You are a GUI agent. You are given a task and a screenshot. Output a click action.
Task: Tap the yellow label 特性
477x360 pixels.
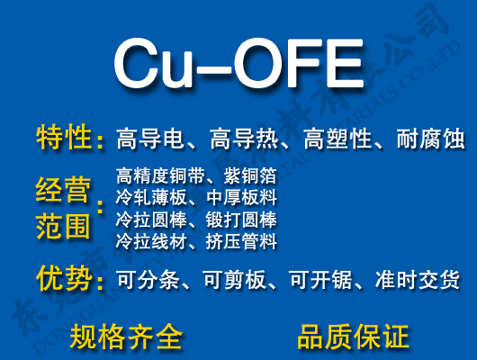click(x=64, y=138)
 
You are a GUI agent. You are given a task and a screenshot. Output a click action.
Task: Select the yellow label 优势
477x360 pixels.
click(x=64, y=279)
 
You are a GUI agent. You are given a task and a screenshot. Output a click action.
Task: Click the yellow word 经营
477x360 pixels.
click(x=62, y=191)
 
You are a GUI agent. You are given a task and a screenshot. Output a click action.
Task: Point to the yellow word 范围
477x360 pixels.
click(x=62, y=224)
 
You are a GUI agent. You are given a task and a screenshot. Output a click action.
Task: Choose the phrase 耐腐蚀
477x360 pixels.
click(x=429, y=139)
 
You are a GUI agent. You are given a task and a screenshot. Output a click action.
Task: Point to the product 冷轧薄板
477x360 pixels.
click(x=148, y=197)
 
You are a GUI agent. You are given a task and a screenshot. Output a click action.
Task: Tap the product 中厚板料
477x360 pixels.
click(x=241, y=197)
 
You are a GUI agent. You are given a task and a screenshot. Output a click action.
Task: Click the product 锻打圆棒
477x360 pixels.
click(x=241, y=220)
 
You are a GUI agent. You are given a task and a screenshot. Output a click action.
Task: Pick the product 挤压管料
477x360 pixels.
click(x=241, y=241)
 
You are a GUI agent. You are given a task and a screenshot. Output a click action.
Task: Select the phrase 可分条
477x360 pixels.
click(x=148, y=281)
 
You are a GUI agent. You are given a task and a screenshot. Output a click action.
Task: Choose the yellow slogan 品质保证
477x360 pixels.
click(x=353, y=337)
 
